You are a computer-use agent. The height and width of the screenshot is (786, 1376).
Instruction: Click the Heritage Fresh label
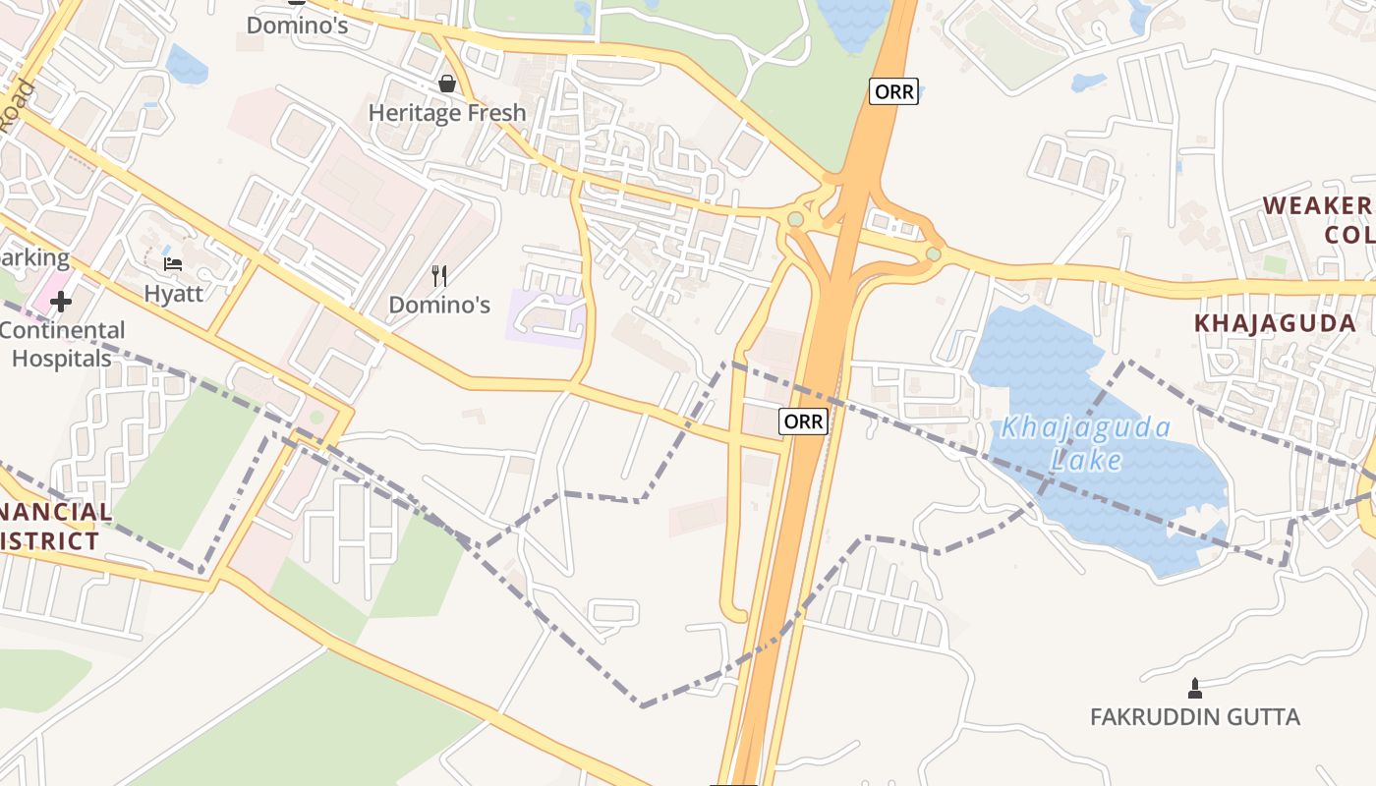[x=447, y=113]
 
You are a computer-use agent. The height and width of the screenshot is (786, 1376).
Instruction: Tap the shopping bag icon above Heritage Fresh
[x=447, y=84]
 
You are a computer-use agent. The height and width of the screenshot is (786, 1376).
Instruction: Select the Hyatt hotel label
[x=173, y=293]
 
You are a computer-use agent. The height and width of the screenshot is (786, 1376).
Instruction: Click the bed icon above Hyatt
[x=173, y=263]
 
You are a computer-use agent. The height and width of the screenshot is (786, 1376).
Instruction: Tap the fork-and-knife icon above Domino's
[x=439, y=276]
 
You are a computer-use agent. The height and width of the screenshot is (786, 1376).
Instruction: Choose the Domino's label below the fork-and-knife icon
[x=439, y=305]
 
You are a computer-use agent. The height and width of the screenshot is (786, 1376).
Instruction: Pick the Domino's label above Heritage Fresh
[x=297, y=25]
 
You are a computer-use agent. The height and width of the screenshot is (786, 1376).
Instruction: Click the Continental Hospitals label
[x=62, y=344]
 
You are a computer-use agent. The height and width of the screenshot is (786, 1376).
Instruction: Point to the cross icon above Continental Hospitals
[x=61, y=302]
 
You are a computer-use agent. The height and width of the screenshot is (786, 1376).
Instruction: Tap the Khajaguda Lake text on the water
[x=1085, y=443]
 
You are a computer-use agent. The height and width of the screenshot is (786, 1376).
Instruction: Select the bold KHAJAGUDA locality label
[x=1275, y=322]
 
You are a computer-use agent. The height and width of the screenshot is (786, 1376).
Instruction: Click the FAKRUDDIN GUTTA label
[x=1195, y=717]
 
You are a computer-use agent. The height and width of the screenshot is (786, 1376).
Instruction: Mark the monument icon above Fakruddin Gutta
[x=1195, y=688]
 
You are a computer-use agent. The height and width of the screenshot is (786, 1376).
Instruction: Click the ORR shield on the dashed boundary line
[x=804, y=421]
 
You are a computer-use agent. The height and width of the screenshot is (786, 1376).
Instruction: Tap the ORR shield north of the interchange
[x=893, y=91]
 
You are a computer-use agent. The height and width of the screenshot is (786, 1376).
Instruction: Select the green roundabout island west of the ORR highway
[x=794, y=218]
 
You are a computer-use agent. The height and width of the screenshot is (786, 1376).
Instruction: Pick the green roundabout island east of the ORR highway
[x=933, y=254]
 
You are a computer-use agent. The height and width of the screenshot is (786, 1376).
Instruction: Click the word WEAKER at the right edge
[x=1317, y=205]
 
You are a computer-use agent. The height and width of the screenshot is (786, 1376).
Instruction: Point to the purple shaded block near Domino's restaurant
[x=545, y=317]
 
